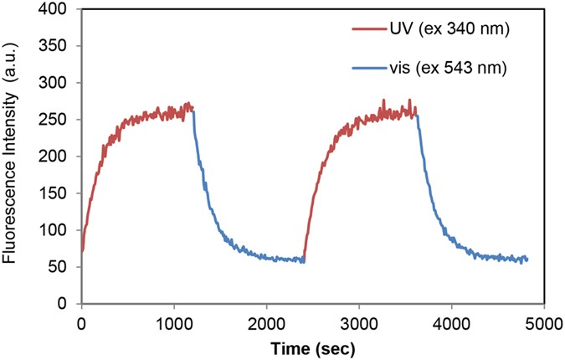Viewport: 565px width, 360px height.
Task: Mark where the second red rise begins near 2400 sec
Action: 304,260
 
